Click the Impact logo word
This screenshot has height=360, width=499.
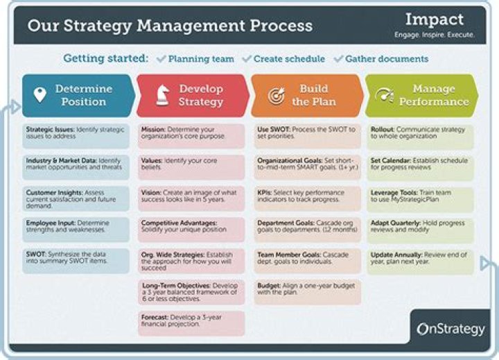(x=435, y=19)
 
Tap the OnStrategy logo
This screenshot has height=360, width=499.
(x=451, y=329)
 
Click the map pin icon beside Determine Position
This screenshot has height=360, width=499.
(x=40, y=94)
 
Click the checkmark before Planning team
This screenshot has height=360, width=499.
(x=161, y=59)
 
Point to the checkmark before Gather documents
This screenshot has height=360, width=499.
(x=338, y=59)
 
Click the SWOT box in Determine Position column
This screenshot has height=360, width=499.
(x=76, y=260)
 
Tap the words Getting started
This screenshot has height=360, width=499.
(x=105, y=58)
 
